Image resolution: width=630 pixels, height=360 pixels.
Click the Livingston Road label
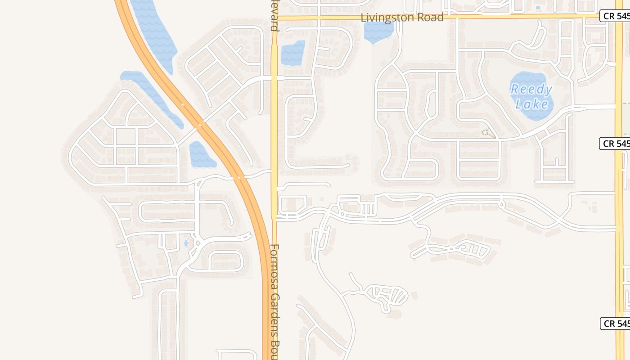402,18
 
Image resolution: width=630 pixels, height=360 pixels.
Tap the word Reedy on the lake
531,90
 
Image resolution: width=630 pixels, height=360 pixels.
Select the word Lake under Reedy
532,105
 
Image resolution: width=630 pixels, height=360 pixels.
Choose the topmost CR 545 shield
615,16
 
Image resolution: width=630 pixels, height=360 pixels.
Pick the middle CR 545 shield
615,144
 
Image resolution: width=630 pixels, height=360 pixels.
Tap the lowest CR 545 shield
615,323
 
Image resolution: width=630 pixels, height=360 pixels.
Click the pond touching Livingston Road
378,32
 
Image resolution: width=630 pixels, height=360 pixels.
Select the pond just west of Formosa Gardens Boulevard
293,53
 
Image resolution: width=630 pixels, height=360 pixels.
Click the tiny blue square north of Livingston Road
538,8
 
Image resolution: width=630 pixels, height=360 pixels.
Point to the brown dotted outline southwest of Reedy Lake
488,134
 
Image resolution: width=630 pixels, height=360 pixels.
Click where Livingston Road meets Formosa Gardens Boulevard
274,18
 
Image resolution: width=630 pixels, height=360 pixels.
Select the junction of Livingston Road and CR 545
619,16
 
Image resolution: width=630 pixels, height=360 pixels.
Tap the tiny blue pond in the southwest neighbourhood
186,243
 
